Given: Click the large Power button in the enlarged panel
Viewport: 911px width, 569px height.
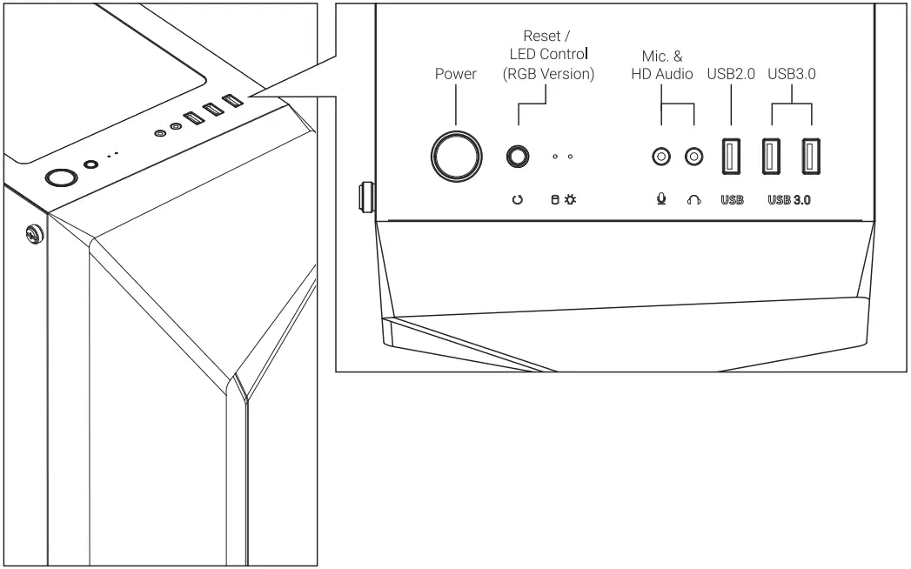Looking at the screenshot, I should pyautogui.click(x=456, y=157).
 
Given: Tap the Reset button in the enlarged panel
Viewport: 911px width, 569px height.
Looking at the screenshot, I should pyautogui.click(x=518, y=157).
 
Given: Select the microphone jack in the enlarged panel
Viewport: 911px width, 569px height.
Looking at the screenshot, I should pyautogui.click(x=661, y=157).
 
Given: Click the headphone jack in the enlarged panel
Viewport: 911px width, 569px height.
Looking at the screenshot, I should pyautogui.click(x=693, y=157).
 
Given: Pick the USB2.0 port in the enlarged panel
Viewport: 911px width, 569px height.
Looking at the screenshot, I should pyautogui.click(x=732, y=157).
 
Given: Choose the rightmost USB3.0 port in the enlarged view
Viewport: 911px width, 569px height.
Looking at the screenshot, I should pyautogui.click(x=811, y=157).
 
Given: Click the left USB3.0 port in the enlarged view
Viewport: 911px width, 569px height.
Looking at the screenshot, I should pyautogui.click(x=771, y=157).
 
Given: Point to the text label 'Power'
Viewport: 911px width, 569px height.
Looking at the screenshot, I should pyautogui.click(x=456, y=75).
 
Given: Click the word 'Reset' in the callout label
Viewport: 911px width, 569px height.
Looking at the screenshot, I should pyautogui.click(x=541, y=37).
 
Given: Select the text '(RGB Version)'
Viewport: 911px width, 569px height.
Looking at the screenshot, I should pyautogui.click(x=548, y=75).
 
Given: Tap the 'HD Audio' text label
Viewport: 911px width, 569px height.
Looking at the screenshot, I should pyautogui.click(x=661, y=75).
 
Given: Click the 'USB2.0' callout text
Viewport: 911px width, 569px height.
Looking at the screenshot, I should pyautogui.click(x=731, y=75).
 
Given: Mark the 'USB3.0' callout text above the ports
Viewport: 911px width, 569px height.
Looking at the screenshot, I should pyautogui.click(x=792, y=75).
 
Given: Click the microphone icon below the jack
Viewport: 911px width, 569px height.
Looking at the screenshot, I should pyautogui.click(x=661, y=199).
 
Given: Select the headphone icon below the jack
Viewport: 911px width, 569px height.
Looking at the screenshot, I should pyautogui.click(x=693, y=199).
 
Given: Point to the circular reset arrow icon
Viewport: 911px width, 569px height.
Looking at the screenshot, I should pyautogui.click(x=518, y=199).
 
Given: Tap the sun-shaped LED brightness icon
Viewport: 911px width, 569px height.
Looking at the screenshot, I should pyautogui.click(x=571, y=199).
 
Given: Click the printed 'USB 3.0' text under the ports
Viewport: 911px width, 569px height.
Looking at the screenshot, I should pyautogui.click(x=790, y=199).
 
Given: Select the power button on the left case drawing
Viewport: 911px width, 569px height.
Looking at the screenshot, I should pyautogui.click(x=60, y=178).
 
